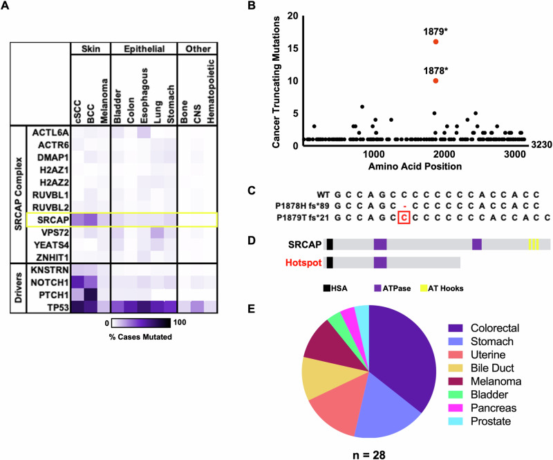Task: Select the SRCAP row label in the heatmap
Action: coord(48,219)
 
